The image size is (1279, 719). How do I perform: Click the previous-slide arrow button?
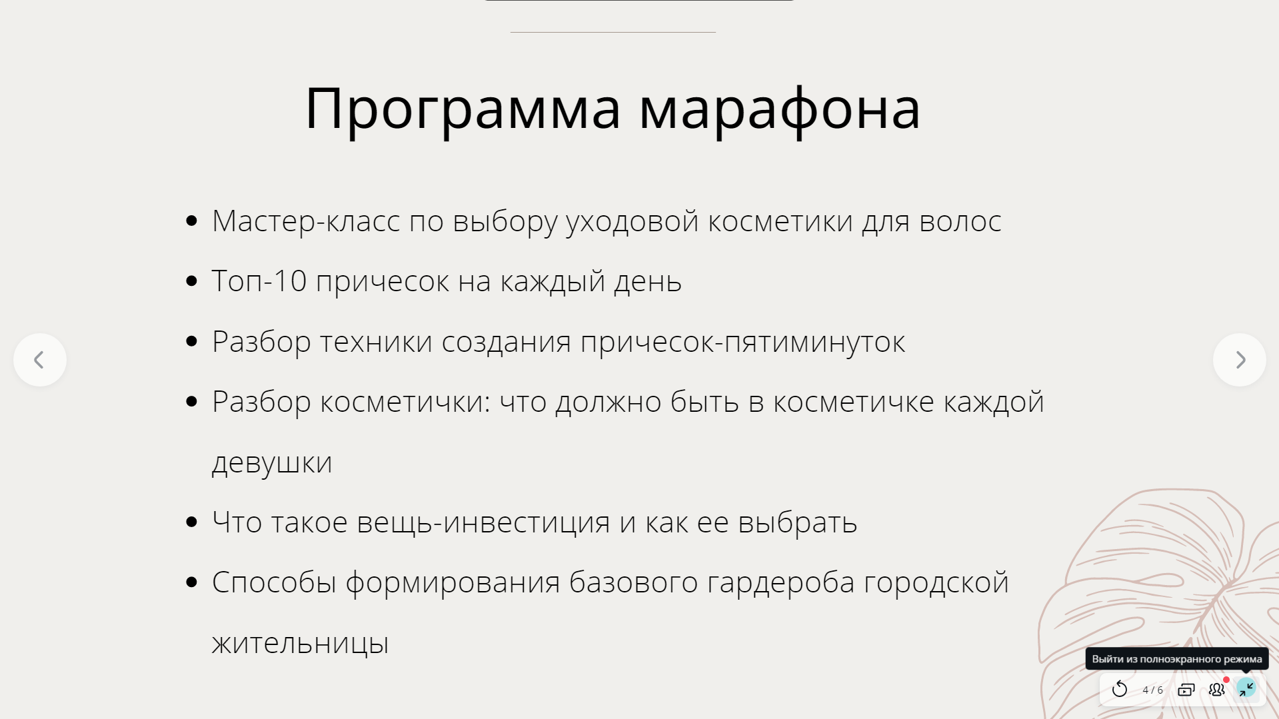pos(40,360)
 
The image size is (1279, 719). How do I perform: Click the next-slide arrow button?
pos(1240,360)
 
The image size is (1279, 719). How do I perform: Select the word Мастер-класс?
pos(306,221)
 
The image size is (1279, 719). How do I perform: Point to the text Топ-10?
pos(259,281)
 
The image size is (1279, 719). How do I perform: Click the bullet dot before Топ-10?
pos(192,281)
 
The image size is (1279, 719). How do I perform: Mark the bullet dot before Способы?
pos(192,582)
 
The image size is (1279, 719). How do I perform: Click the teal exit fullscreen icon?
pos(1246,688)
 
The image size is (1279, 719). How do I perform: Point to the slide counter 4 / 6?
pos(1152,690)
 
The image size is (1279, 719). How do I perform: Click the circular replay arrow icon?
pos(1120,689)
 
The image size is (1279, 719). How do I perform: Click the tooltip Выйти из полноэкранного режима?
pos(1177,659)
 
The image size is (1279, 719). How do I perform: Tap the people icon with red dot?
pos(1217,688)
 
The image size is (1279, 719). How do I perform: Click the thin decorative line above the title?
pos(613,32)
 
